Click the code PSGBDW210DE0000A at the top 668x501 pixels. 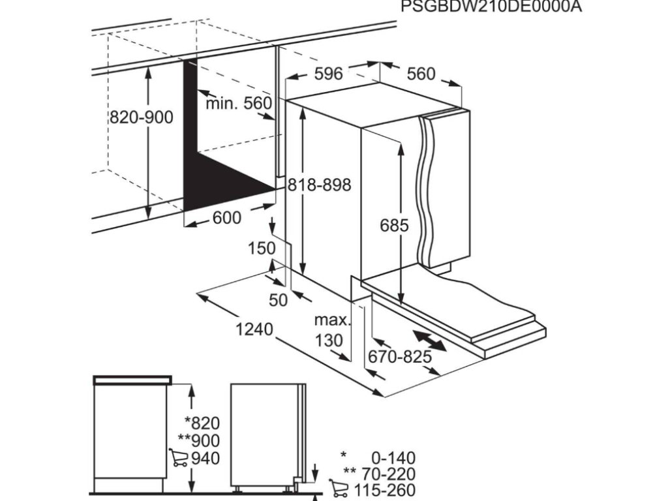point(491,7)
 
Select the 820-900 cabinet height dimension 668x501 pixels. point(142,117)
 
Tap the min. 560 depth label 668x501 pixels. point(238,103)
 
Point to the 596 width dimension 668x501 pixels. point(328,74)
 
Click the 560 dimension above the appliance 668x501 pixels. point(421,74)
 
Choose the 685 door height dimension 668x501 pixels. point(395,225)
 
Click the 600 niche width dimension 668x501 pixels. point(227,218)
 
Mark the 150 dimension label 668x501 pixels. point(262,248)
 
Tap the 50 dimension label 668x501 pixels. point(279,300)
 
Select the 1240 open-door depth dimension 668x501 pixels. point(253,329)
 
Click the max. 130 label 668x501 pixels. point(332,330)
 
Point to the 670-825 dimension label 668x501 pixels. point(400,356)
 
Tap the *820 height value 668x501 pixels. point(202,423)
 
